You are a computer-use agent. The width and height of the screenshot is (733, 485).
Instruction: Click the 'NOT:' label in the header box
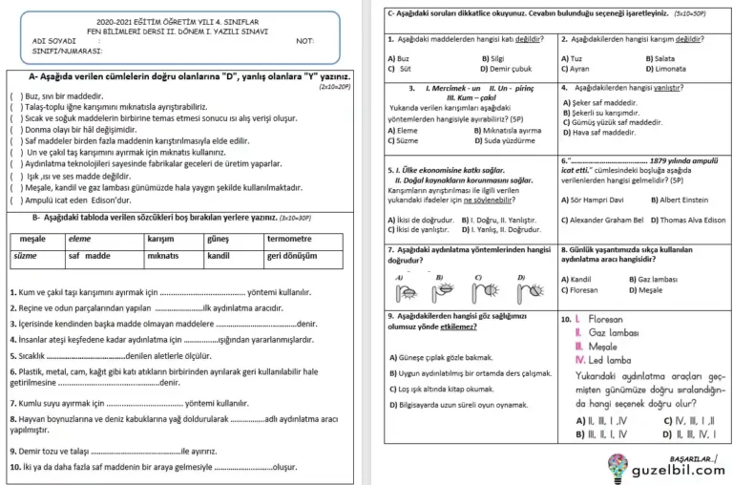point(306,41)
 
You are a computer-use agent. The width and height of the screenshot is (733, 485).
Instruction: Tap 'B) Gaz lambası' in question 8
point(653,279)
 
